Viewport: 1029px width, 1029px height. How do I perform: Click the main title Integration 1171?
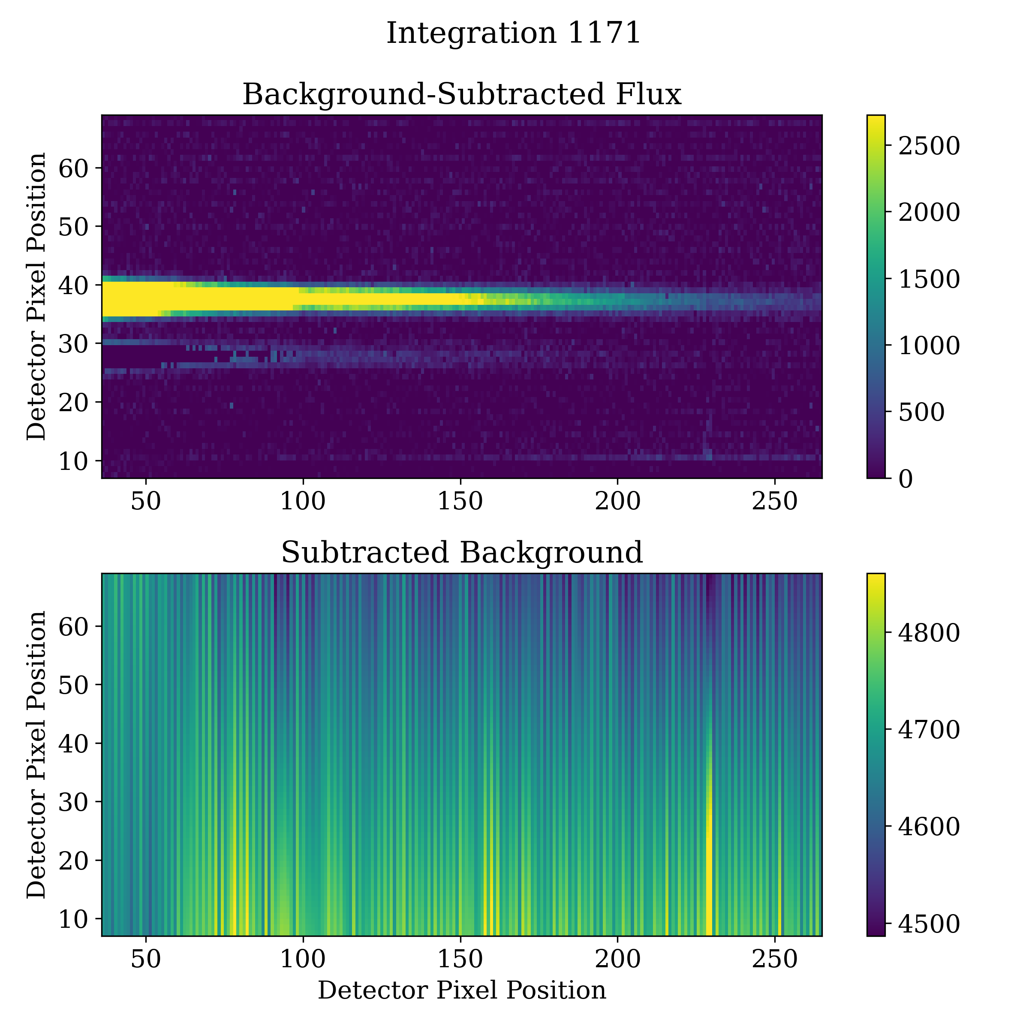point(514,33)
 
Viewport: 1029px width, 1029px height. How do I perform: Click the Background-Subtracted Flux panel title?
point(462,95)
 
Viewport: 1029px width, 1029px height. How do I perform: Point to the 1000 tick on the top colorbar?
point(929,346)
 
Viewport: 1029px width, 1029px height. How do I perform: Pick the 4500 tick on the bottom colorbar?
point(929,924)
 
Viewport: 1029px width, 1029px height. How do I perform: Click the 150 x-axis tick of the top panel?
point(460,502)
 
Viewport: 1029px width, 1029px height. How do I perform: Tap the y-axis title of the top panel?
point(36,297)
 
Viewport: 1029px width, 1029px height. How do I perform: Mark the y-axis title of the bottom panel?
point(36,755)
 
